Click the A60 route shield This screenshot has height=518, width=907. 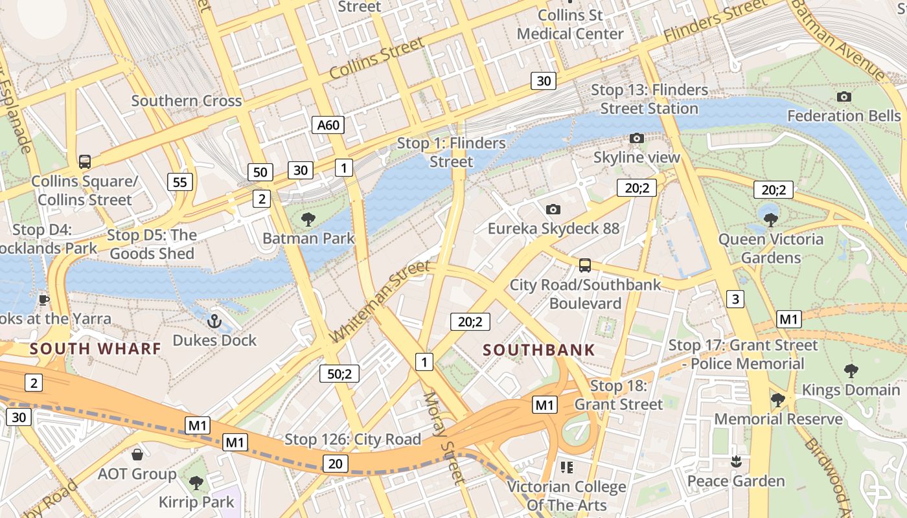pos(328,125)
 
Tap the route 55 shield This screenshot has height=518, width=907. pos(179,182)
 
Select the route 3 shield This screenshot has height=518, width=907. pos(735,299)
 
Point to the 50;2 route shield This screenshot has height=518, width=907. pos(339,374)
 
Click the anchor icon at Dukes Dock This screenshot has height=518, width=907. pos(214,321)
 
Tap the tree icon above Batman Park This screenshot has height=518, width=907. pos(308,219)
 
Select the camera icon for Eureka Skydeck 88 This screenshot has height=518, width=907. pos(553,209)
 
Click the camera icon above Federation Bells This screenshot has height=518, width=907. pos(844,97)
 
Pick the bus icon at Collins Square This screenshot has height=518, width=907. pos(84,162)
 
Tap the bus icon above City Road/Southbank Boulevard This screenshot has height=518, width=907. pos(584,265)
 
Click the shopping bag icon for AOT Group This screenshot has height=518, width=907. pos(137,455)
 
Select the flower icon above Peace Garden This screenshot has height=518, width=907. pos(735,462)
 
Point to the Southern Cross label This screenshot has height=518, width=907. pos(187,101)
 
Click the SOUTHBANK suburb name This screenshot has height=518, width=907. pos(539,350)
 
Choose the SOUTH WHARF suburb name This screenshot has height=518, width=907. pos(95,349)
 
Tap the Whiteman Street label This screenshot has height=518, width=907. pos(380,302)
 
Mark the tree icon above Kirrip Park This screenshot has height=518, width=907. pos(196,483)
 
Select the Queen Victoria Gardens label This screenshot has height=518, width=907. pos(771,249)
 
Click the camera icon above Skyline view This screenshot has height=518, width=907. pos(636,138)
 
